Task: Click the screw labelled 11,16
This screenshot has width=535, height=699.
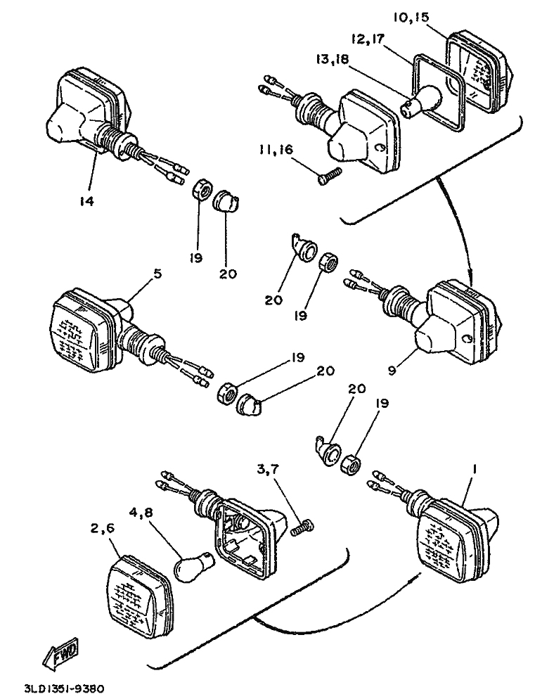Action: [x=328, y=177]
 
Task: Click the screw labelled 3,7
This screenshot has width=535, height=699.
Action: [x=304, y=525]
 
